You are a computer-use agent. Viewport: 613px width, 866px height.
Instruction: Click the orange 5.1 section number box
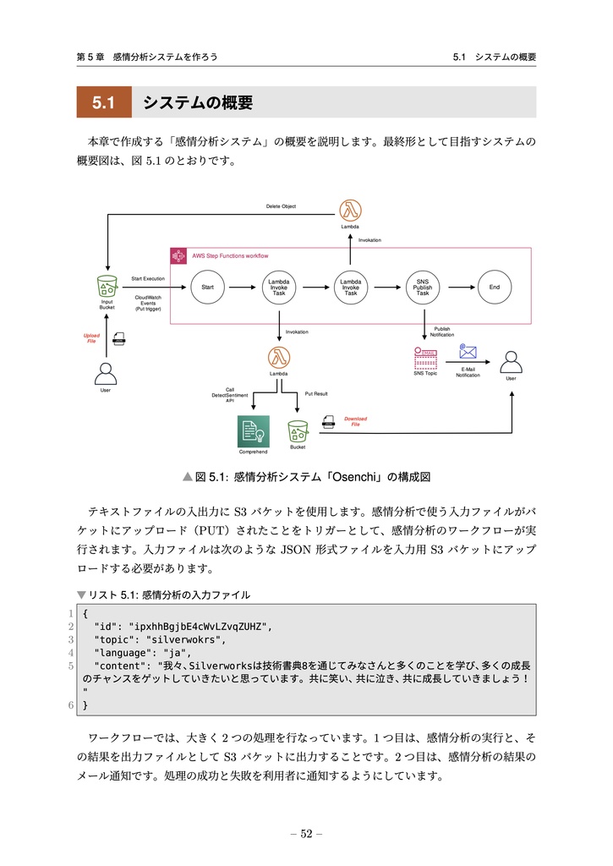click(x=104, y=103)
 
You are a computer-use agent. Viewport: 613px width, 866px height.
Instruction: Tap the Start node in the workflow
click(x=207, y=288)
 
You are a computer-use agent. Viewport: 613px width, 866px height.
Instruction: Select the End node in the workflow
click(x=495, y=288)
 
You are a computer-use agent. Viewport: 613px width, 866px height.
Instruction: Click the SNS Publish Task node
click(x=423, y=288)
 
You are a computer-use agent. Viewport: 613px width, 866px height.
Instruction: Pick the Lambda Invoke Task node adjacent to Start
click(x=279, y=288)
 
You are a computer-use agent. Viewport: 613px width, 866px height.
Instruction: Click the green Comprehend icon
click(x=253, y=432)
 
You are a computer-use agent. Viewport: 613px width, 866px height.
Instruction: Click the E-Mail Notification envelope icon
click(x=468, y=353)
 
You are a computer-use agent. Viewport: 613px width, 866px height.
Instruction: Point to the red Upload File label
click(x=91, y=338)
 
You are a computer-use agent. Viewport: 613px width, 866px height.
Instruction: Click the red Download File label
click(x=355, y=421)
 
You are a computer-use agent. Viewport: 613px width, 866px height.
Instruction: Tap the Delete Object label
click(x=281, y=206)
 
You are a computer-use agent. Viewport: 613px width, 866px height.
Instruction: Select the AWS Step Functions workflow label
click(x=230, y=255)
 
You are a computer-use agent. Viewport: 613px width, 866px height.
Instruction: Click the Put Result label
click(x=316, y=394)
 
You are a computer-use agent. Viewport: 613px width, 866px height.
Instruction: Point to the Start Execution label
click(x=148, y=278)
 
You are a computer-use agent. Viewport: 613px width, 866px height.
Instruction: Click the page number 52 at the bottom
click(x=306, y=834)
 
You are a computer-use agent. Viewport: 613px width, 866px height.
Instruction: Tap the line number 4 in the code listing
click(x=71, y=653)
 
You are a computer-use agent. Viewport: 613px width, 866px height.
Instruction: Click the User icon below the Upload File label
click(x=106, y=372)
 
